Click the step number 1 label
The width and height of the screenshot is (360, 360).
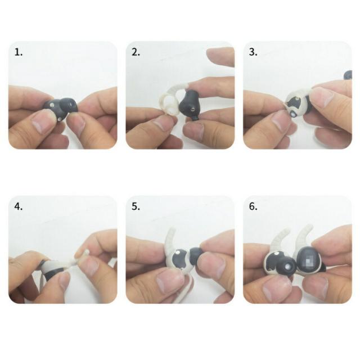pos(19,52)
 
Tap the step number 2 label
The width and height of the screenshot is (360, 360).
pos(136,52)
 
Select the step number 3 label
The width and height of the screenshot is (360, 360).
pos(253,52)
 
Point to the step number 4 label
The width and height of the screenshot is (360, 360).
pos(19,206)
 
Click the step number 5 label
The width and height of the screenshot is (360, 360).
pos(136,206)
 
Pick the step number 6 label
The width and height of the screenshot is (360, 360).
pos(253,206)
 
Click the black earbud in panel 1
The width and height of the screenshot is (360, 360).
pos(61,108)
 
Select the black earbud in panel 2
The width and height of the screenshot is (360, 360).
pos(191,105)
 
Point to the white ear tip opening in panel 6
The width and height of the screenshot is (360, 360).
pos(287,267)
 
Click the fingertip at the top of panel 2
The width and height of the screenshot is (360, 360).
pos(220,57)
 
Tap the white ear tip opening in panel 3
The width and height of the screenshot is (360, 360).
pos(293,114)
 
